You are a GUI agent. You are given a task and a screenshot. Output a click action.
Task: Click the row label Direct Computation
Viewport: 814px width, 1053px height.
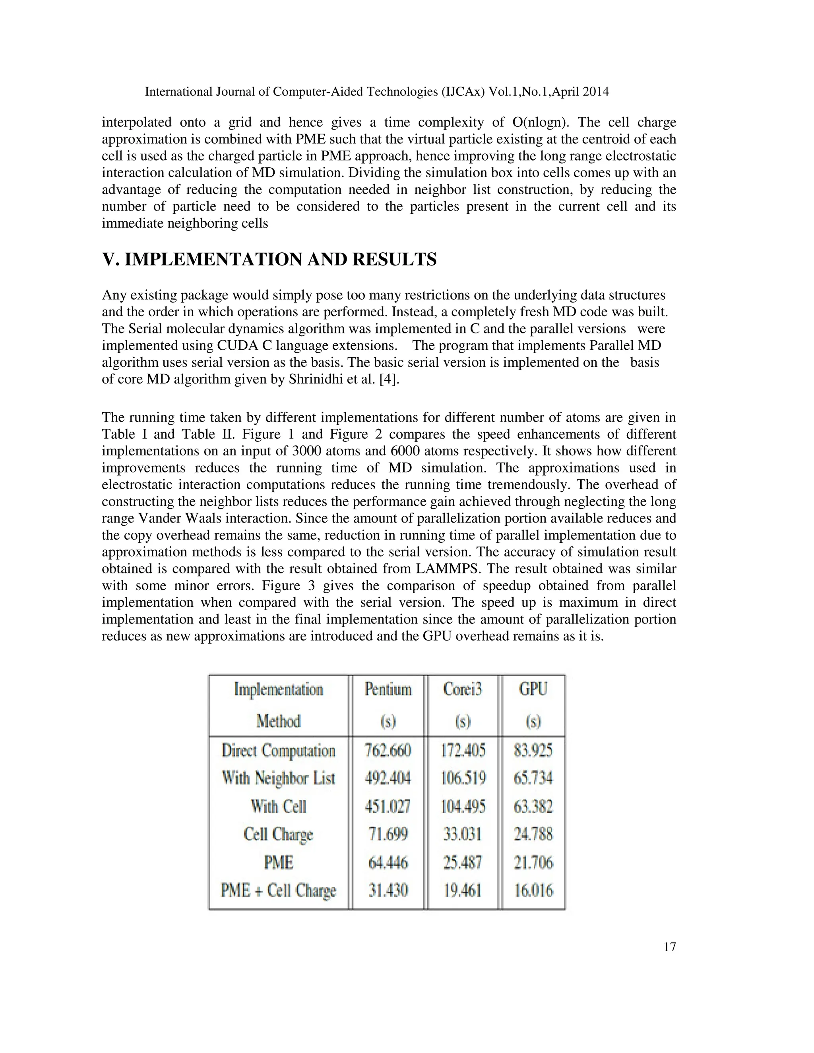coord(278,751)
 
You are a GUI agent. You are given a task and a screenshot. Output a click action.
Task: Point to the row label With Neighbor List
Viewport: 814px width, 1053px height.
coord(278,778)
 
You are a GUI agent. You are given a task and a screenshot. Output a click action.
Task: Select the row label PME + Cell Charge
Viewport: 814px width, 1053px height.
coord(278,890)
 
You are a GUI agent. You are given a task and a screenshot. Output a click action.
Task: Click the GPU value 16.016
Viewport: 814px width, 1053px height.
coord(533,890)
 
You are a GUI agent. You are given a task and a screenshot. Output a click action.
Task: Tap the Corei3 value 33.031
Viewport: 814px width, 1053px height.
coord(463,834)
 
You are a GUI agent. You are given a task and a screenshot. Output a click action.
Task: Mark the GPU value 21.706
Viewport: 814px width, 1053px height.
coord(533,862)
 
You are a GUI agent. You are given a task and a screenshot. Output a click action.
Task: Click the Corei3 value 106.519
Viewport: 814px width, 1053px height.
coord(463,778)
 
